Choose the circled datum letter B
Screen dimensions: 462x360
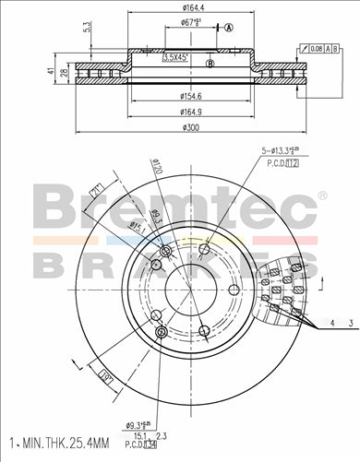click(x=210, y=64)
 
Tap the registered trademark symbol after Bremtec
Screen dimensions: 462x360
click(x=322, y=196)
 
